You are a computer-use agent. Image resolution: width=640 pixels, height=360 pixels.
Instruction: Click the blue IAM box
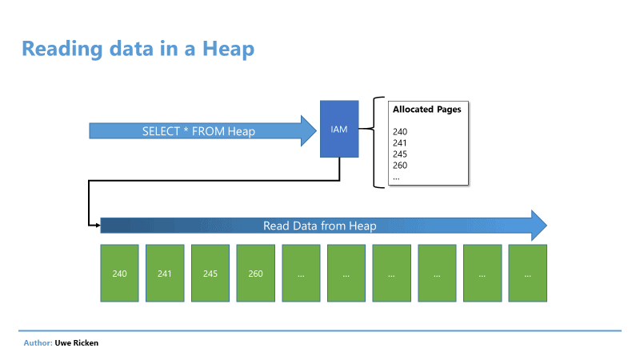[339, 129]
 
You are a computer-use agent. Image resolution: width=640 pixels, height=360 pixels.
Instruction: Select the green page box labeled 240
[119, 273]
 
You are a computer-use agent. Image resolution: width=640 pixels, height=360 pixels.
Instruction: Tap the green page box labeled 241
[165, 273]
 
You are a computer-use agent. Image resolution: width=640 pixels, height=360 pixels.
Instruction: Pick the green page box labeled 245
[210, 273]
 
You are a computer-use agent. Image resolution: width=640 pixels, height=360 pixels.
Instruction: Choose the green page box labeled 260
[255, 273]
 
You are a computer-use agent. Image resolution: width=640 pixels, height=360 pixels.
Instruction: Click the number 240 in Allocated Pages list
[400, 132]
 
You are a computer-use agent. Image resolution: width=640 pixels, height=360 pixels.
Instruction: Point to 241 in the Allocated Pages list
[399, 143]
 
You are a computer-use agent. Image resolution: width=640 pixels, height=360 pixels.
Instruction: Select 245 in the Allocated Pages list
[400, 154]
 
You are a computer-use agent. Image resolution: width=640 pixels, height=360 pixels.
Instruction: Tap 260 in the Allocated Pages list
[400, 166]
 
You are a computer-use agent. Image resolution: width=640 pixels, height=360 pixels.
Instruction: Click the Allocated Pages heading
[427, 110]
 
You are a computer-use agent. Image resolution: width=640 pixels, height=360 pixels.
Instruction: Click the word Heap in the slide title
[229, 49]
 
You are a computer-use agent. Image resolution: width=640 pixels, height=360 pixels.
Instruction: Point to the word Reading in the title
[62, 50]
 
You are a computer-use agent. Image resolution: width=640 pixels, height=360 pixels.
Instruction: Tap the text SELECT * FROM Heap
[198, 131]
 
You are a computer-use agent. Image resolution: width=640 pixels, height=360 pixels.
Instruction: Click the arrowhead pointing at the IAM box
[309, 130]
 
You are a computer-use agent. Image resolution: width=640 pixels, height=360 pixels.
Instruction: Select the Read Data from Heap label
[319, 226]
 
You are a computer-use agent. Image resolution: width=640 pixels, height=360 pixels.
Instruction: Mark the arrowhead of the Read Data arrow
[538, 226]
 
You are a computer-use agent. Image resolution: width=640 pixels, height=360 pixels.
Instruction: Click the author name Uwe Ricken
[77, 343]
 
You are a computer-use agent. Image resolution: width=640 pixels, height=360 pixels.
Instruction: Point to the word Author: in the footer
[38, 343]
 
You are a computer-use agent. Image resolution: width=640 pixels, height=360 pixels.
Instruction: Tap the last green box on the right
[528, 273]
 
